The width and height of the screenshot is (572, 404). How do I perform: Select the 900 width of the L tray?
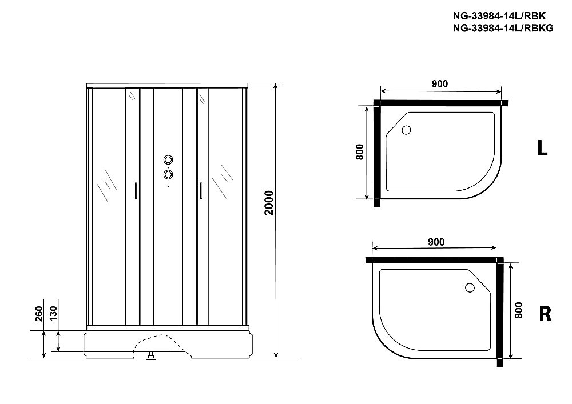(439, 84)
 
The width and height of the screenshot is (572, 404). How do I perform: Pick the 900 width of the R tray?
(436, 242)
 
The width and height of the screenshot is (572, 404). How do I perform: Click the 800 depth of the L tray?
(359, 152)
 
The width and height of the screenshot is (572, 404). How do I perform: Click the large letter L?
(542, 149)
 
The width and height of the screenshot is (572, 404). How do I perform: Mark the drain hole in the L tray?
(407, 130)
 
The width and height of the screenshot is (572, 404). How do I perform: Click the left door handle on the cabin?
(136, 190)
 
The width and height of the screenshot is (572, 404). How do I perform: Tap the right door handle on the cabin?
(201, 190)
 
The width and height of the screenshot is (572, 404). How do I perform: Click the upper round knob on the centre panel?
(168, 160)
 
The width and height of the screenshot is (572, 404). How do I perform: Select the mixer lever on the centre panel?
(168, 175)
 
